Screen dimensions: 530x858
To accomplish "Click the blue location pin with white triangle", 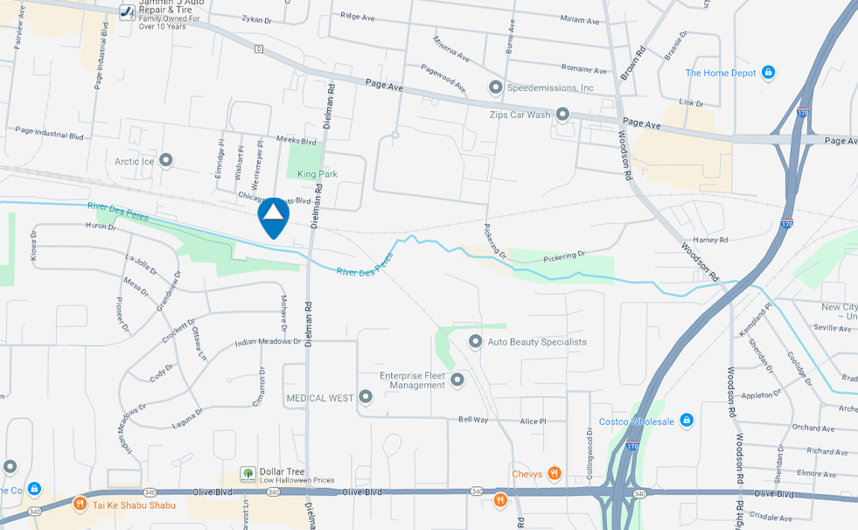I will coord(274,216).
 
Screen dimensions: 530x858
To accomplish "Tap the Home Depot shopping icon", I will coord(768,73).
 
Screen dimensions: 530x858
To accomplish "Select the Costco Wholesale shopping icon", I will coord(687,421).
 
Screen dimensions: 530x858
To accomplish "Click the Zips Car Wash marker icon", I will coord(562,115).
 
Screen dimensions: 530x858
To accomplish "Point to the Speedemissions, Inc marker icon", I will coord(496,87).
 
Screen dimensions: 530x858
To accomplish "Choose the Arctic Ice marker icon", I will coord(165,161).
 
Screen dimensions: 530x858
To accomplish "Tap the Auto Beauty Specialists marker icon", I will coord(475,341).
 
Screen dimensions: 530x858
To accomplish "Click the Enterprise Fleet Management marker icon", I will coord(457,380).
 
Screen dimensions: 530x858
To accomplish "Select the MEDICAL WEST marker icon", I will coord(366,398).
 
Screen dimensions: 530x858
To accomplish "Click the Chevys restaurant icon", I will coord(554,474).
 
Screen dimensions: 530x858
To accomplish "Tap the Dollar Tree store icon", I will coord(248,474).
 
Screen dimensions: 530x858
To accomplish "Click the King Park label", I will coord(317,174).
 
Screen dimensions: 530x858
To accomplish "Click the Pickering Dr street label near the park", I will coord(564,256).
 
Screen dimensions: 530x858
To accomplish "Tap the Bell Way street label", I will coord(473,420).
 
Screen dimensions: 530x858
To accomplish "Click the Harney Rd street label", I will coord(710,240).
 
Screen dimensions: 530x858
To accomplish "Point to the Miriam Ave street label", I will coord(581,20).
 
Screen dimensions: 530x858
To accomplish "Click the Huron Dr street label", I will coord(101,227).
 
